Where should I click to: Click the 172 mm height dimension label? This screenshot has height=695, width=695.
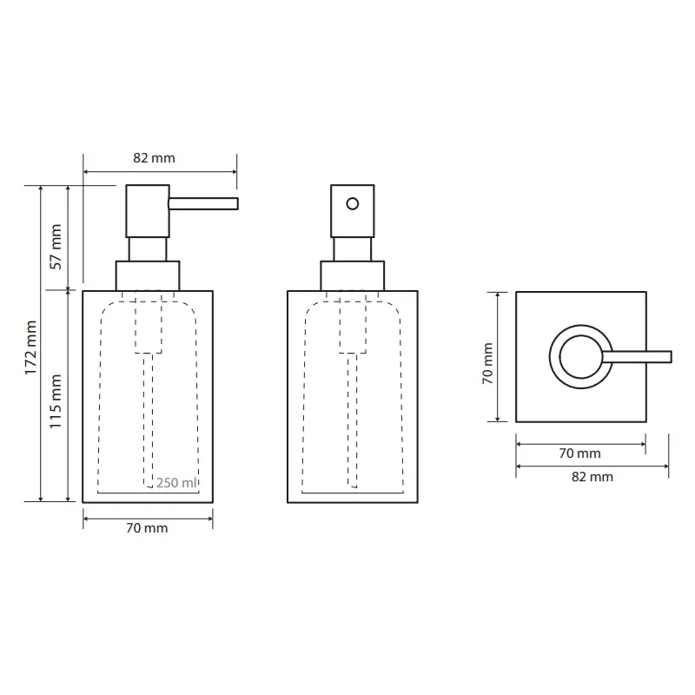pyautogui.click(x=30, y=347)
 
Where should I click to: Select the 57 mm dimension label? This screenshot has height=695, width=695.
pyautogui.click(x=56, y=247)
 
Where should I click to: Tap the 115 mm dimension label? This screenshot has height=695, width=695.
pyautogui.click(x=56, y=401)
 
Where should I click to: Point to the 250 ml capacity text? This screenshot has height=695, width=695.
pyautogui.click(x=176, y=482)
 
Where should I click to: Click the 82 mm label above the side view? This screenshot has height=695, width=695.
pyautogui.click(x=154, y=158)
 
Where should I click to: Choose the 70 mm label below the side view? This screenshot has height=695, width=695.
pyautogui.click(x=147, y=528)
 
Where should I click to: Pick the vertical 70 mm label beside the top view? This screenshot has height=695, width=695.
pyautogui.click(x=487, y=363)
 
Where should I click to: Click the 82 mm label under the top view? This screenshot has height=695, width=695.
pyautogui.click(x=592, y=476)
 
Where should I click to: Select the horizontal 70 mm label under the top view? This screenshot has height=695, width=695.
pyautogui.click(x=579, y=453)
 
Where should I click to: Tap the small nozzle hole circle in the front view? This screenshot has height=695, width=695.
pyautogui.click(x=353, y=204)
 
